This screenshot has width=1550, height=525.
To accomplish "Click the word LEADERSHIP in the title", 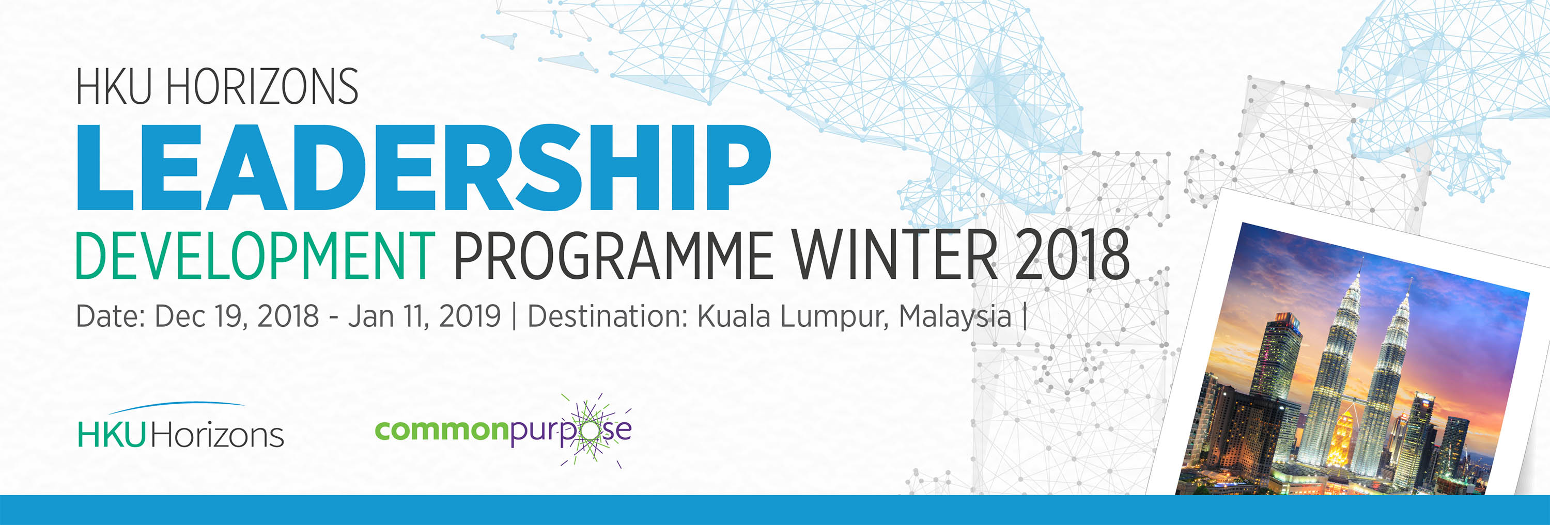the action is (x=423, y=167).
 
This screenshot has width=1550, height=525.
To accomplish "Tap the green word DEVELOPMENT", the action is (x=255, y=255).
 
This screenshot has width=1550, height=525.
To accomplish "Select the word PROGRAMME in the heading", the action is (x=613, y=255).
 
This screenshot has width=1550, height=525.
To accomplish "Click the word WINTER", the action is (x=894, y=255).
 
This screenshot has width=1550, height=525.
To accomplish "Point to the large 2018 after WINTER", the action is (x=1072, y=255).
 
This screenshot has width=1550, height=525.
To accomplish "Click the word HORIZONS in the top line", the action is (x=262, y=87).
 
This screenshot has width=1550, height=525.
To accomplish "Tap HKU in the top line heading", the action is (x=113, y=87).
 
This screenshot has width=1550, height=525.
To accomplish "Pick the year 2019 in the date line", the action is (x=469, y=316).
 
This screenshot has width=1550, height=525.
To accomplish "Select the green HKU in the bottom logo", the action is (x=112, y=435).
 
